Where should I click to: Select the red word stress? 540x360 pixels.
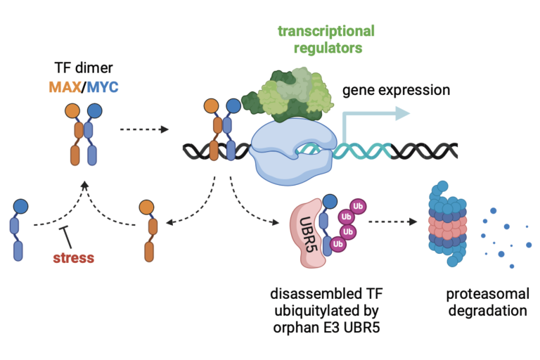(x=73, y=257)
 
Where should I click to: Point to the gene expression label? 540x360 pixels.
(x=395, y=91)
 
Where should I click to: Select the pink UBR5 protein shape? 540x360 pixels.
(x=307, y=231)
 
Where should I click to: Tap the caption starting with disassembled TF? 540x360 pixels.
(x=320, y=303)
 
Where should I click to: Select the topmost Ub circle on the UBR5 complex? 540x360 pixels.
(x=358, y=204)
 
